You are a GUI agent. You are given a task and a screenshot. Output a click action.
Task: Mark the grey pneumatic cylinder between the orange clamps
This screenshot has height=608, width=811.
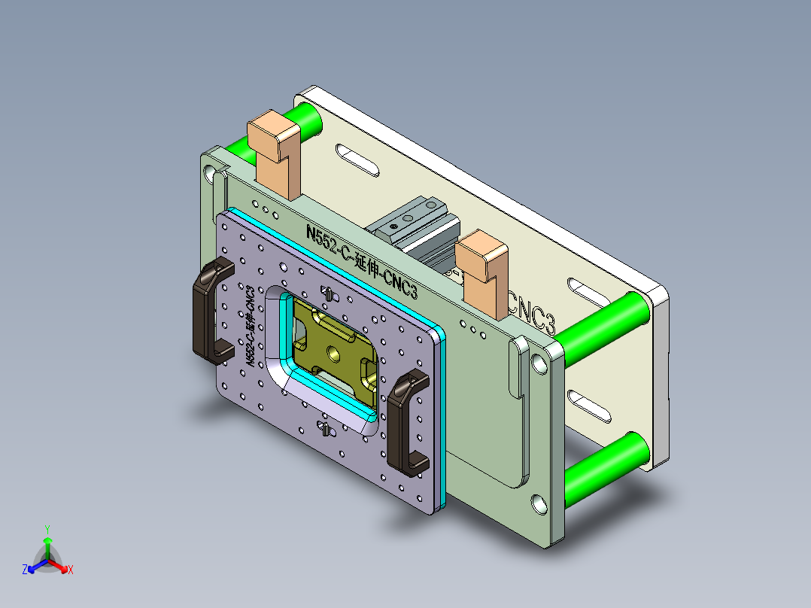point(418,230)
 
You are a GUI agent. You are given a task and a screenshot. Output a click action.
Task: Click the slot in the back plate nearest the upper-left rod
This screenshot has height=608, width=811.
point(357,160)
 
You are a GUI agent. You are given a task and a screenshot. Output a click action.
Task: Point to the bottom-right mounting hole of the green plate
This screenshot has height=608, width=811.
point(539,503)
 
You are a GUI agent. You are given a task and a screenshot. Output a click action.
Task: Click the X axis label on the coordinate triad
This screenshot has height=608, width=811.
point(71,570)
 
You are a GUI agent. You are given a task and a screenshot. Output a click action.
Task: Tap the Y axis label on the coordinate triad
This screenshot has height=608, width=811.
point(47,529)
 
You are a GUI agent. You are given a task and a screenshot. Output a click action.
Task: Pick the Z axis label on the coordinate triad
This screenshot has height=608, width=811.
point(25,570)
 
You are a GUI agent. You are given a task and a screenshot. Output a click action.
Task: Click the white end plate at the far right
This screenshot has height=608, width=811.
point(660,376)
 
